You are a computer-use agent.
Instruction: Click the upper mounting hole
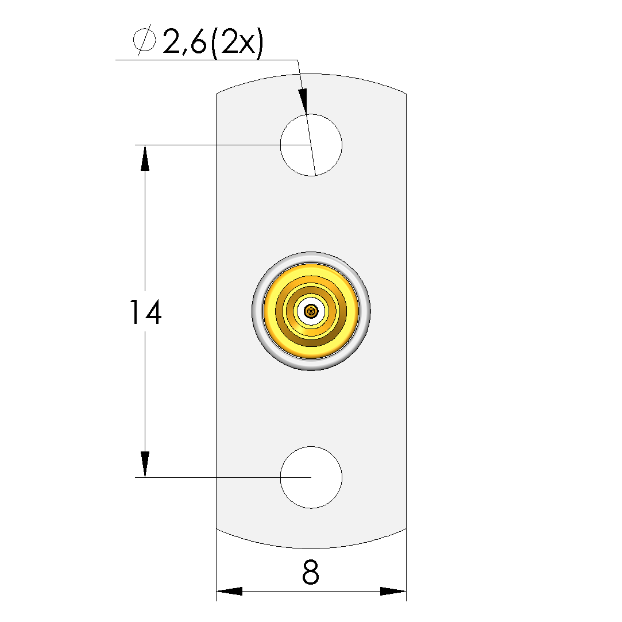click(x=311, y=145)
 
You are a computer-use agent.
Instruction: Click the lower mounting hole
click(x=311, y=477)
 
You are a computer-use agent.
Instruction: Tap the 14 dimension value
click(x=145, y=312)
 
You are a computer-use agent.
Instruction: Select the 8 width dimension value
click(x=311, y=572)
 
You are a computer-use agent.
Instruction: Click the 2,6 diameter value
click(x=184, y=42)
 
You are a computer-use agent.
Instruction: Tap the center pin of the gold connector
click(x=311, y=311)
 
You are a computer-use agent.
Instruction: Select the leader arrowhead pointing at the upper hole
click(x=303, y=101)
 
